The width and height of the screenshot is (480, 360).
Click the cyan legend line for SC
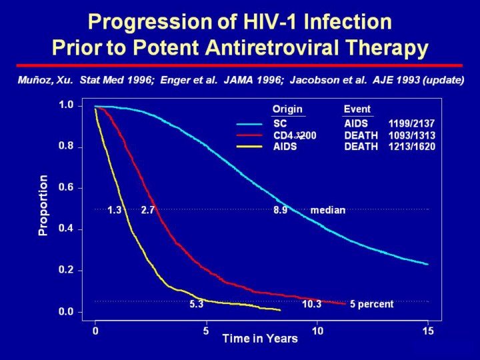[249, 124]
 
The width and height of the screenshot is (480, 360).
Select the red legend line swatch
[249, 135]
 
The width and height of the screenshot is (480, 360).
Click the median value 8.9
[280, 210]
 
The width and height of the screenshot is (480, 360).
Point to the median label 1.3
[114, 210]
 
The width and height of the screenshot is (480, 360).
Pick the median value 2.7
[147, 210]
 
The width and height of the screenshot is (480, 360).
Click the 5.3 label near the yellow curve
[196, 304]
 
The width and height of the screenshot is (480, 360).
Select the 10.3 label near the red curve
[311, 304]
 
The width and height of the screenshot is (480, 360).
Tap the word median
[328, 210]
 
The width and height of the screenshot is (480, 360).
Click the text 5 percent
[371, 304]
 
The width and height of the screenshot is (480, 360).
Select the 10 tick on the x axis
[317, 330]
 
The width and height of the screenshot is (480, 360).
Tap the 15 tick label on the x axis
[428, 330]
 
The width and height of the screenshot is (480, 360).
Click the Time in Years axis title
[260, 339]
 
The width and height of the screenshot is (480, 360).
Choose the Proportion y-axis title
[43, 205]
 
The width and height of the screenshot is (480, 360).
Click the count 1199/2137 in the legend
[411, 124]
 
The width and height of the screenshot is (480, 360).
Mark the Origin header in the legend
[287, 109]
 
